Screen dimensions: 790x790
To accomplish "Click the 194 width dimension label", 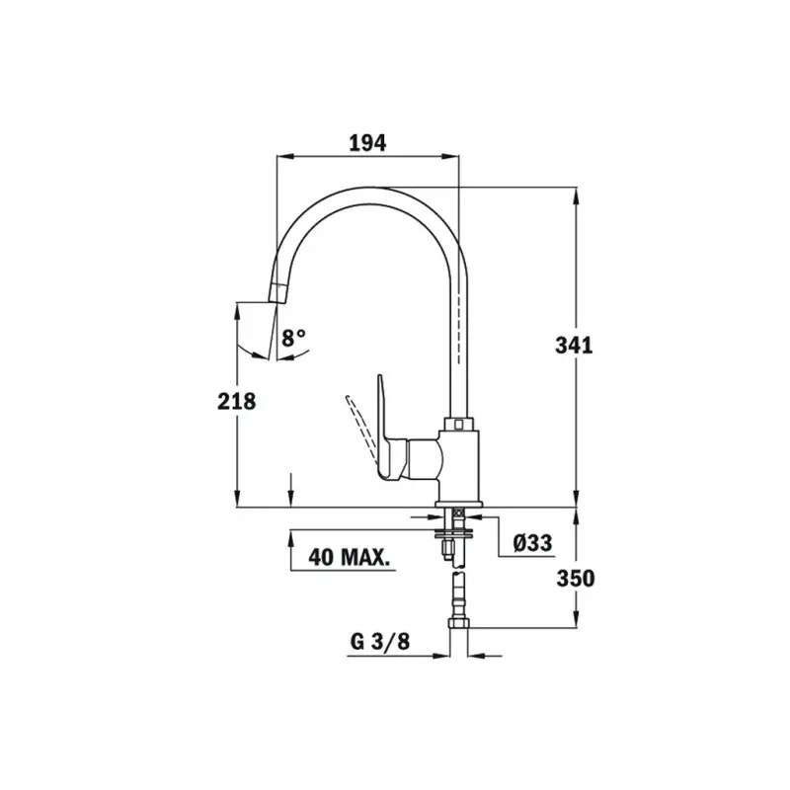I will pos(367,143).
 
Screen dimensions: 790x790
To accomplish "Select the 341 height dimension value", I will pos(574,346).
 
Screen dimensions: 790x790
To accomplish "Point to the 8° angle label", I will pos(293,337).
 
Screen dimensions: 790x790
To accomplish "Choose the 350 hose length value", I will pos(575,579).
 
